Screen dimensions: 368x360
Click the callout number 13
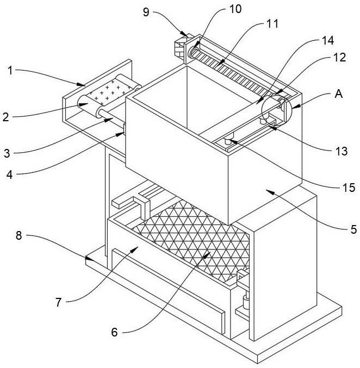click(342, 151)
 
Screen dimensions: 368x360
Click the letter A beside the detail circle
click(338, 93)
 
